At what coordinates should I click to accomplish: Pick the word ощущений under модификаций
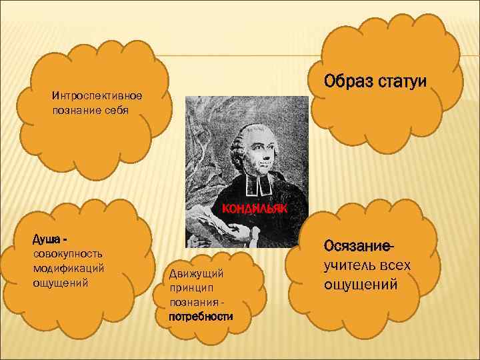(60, 281)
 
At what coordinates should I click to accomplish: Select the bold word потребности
(201, 316)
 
